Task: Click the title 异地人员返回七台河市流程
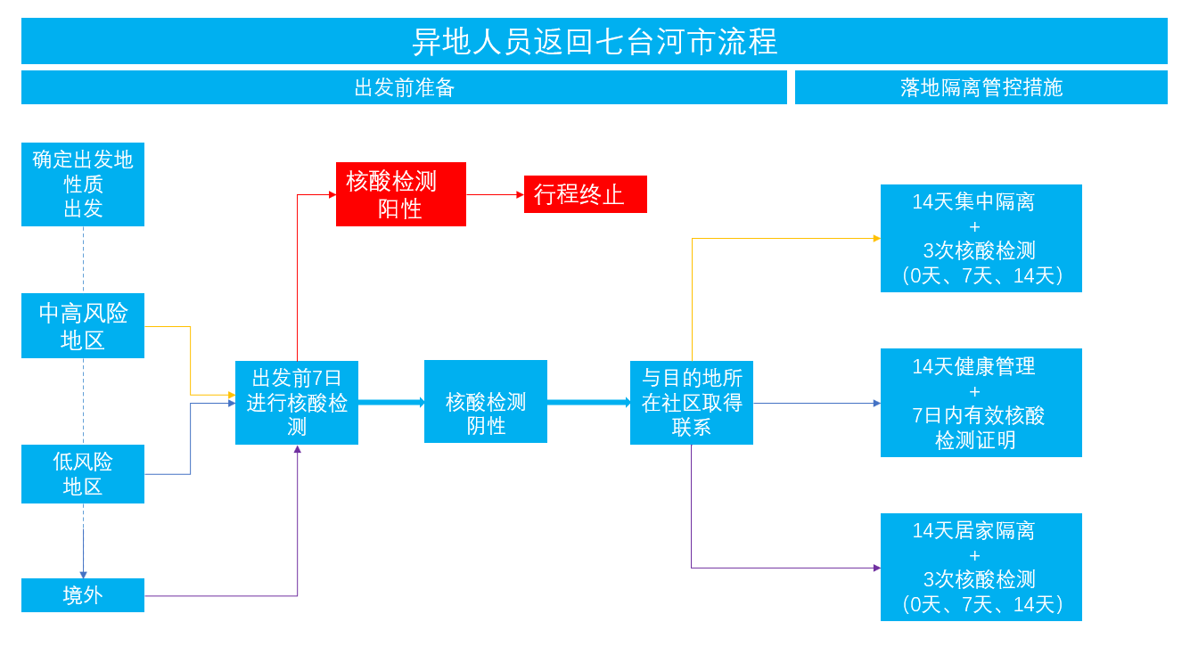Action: pyautogui.click(x=595, y=41)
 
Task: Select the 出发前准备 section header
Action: pyautogui.click(x=404, y=87)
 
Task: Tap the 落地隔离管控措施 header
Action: pyautogui.click(x=981, y=87)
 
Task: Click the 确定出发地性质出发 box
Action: pyautogui.click(x=83, y=184)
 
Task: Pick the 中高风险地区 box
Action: pyautogui.click(x=83, y=325)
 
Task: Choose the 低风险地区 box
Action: pyautogui.click(x=83, y=474)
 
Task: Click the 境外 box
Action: pyautogui.click(x=83, y=595)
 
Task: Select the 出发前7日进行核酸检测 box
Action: pyautogui.click(x=297, y=403)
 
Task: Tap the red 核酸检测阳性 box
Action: pyautogui.click(x=401, y=194)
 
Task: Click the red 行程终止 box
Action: pyautogui.click(x=586, y=194)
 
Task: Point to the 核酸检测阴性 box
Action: pyautogui.click(x=486, y=402)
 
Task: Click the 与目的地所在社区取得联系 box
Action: pyautogui.click(x=692, y=403)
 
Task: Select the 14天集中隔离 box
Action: pyautogui.click(x=981, y=239)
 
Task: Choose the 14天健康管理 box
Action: pyautogui.click(x=981, y=403)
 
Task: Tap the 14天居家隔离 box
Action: pyautogui.click(x=981, y=567)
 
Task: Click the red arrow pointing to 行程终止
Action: pyautogui.click(x=495, y=194)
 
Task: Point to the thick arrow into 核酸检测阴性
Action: pyautogui.click(x=391, y=403)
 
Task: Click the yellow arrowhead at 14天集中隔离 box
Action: pyautogui.click(x=877, y=239)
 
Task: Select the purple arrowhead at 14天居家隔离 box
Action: pyautogui.click(x=877, y=568)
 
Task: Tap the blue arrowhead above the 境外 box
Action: pyautogui.click(x=83, y=575)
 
